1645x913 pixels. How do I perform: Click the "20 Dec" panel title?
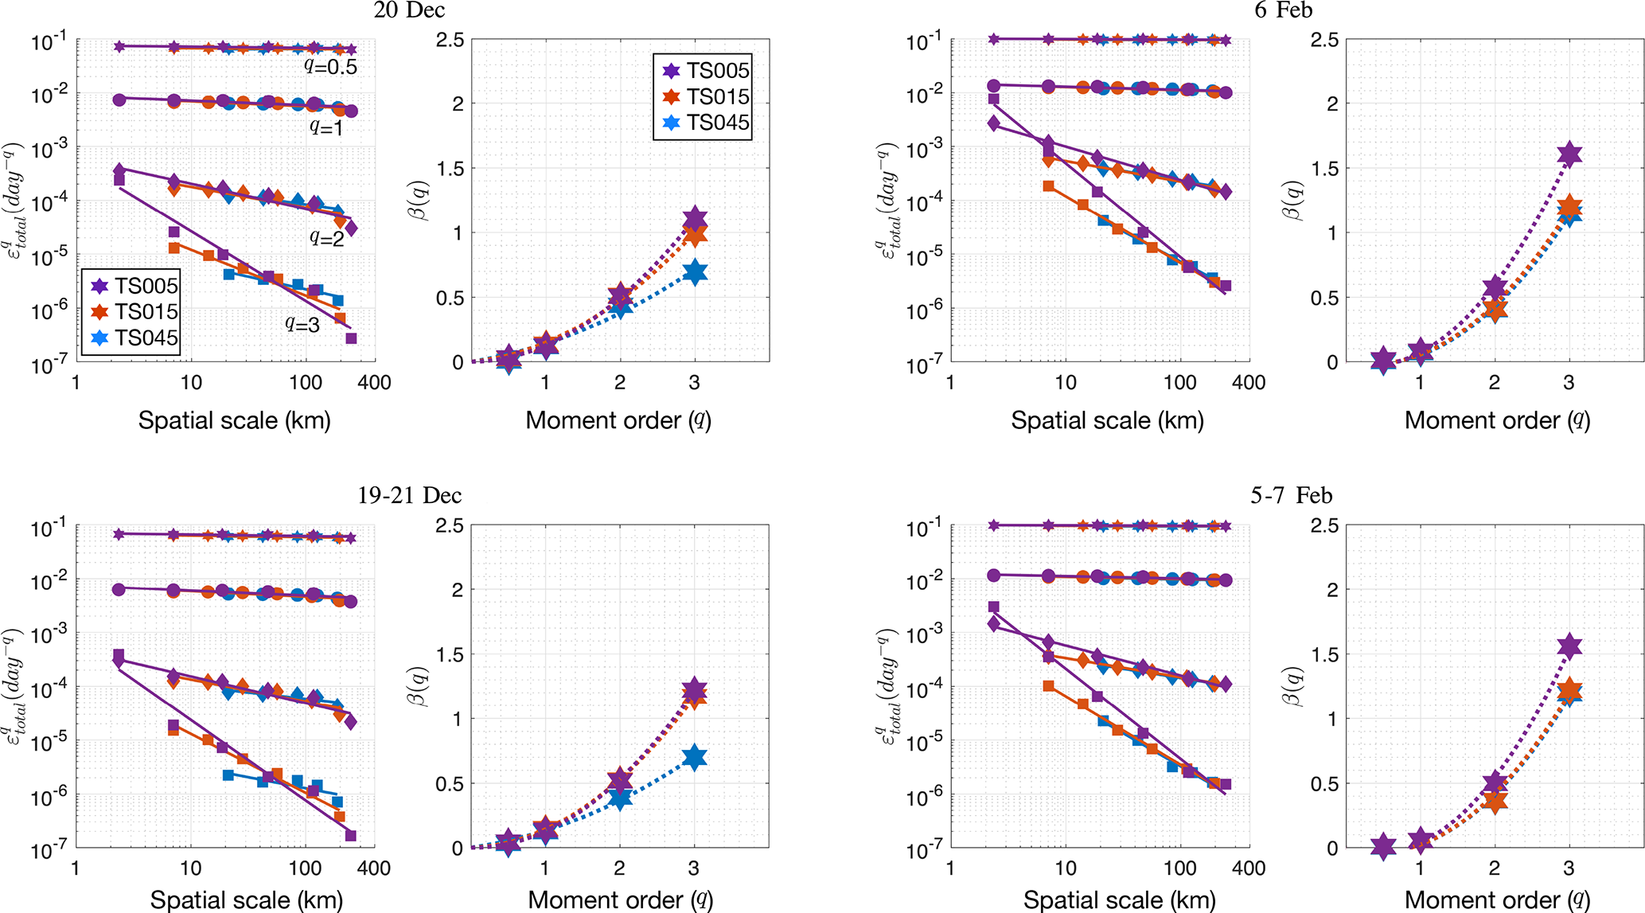tap(409, 10)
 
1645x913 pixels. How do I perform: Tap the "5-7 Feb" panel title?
tap(1291, 495)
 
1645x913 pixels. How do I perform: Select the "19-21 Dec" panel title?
tap(409, 495)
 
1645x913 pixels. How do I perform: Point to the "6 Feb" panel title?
tap(1284, 10)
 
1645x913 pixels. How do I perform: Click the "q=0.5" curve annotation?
tap(330, 67)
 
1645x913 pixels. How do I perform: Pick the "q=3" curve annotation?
tap(302, 324)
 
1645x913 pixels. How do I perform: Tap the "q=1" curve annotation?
tap(326, 127)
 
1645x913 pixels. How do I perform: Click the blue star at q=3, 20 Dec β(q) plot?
tap(695, 273)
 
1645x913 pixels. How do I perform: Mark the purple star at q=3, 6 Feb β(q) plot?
tap(1569, 154)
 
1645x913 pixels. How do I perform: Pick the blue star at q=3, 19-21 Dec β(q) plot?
tap(695, 758)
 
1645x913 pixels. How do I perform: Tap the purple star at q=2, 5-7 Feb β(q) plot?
tap(1495, 782)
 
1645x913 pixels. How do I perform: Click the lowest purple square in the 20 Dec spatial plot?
tap(351, 338)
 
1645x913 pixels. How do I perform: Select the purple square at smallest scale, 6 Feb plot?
tap(993, 99)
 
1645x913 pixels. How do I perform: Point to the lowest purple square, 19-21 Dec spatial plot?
tap(351, 836)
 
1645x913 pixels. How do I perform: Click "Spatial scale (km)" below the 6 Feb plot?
tap(1107, 420)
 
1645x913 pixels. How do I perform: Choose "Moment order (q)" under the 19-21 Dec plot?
tap(620, 900)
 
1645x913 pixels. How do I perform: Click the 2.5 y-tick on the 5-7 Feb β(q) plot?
tap(1325, 525)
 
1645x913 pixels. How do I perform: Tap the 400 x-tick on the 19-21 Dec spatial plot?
tap(374, 868)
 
